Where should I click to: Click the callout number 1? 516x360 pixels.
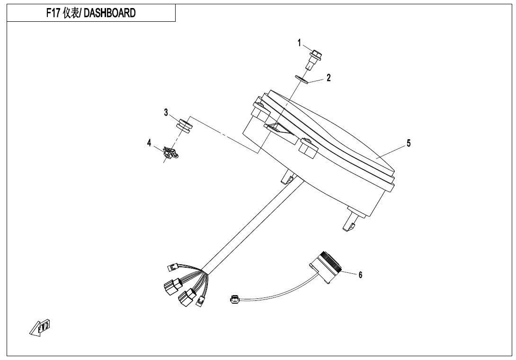pos(299,43)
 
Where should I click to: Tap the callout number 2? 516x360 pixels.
pos(329,78)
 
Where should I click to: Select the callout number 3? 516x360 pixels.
pos(166,113)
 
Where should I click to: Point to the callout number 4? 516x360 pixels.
pos(149,143)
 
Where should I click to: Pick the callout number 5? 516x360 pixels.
pos(409,143)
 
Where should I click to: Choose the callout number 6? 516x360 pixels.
pos(360,275)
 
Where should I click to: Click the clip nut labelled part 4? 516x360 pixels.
pos(170,153)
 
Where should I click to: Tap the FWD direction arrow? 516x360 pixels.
pos(40,327)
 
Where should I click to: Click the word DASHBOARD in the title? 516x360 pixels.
pos(108,13)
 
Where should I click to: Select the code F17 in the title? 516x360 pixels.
pos(53,13)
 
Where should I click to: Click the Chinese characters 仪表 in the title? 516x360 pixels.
pos(70,13)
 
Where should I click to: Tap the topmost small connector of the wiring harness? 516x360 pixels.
pos(173,268)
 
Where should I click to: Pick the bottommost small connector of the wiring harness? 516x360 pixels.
pos(199,301)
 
